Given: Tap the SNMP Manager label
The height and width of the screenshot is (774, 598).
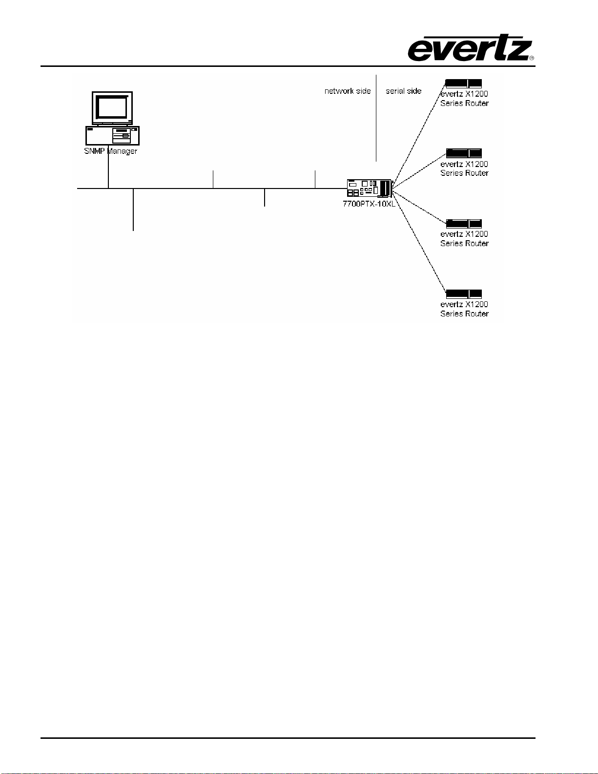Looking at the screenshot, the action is pyautogui.click(x=110, y=151).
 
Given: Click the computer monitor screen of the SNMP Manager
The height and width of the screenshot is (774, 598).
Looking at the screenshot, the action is pyautogui.click(x=112, y=107).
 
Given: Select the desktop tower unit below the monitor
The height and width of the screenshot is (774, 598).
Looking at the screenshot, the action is pyautogui.click(x=112, y=136).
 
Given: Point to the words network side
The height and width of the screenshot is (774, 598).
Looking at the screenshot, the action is pyautogui.click(x=348, y=91).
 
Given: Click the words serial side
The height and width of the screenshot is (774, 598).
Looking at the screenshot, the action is pyautogui.click(x=403, y=91).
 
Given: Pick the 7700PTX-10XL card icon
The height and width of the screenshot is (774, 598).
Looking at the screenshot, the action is pyautogui.click(x=370, y=188).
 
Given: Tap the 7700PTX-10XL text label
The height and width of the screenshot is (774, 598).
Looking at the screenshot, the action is pyautogui.click(x=369, y=204).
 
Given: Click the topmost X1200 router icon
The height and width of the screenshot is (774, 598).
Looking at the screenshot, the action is pyautogui.click(x=463, y=84).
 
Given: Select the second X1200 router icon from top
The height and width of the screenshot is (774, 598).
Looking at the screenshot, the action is pyautogui.click(x=464, y=153).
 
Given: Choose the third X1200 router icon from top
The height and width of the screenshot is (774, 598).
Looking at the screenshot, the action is pyautogui.click(x=464, y=224).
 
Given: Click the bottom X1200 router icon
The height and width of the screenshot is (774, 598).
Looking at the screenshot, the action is pyautogui.click(x=464, y=294).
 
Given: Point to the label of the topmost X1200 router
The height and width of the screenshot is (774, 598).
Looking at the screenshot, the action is pyautogui.click(x=464, y=99).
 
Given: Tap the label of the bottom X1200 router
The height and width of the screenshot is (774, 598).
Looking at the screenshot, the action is pyautogui.click(x=464, y=309).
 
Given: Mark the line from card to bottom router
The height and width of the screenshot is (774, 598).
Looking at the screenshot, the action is pyautogui.click(x=419, y=243).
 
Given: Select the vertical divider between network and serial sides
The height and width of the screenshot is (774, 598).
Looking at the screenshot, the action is pyautogui.click(x=376, y=118).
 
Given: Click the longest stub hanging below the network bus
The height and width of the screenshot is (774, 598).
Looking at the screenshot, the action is pyautogui.click(x=133, y=209).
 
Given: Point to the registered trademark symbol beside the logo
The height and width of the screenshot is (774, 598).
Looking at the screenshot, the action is pyautogui.click(x=532, y=58).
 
